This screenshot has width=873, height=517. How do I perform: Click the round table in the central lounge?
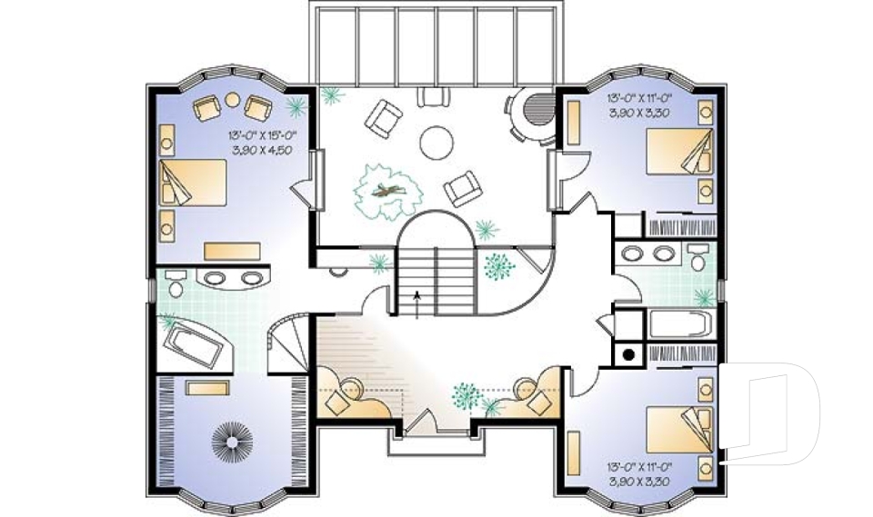click(436, 141)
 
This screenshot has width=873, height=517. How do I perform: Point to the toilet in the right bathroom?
click(698, 255)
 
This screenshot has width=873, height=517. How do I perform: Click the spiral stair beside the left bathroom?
click(291, 342)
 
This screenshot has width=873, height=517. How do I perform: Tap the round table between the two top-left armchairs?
click(232, 99)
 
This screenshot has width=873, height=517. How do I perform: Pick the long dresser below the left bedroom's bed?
click(233, 250)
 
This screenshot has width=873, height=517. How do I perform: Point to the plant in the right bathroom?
click(703, 297)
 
